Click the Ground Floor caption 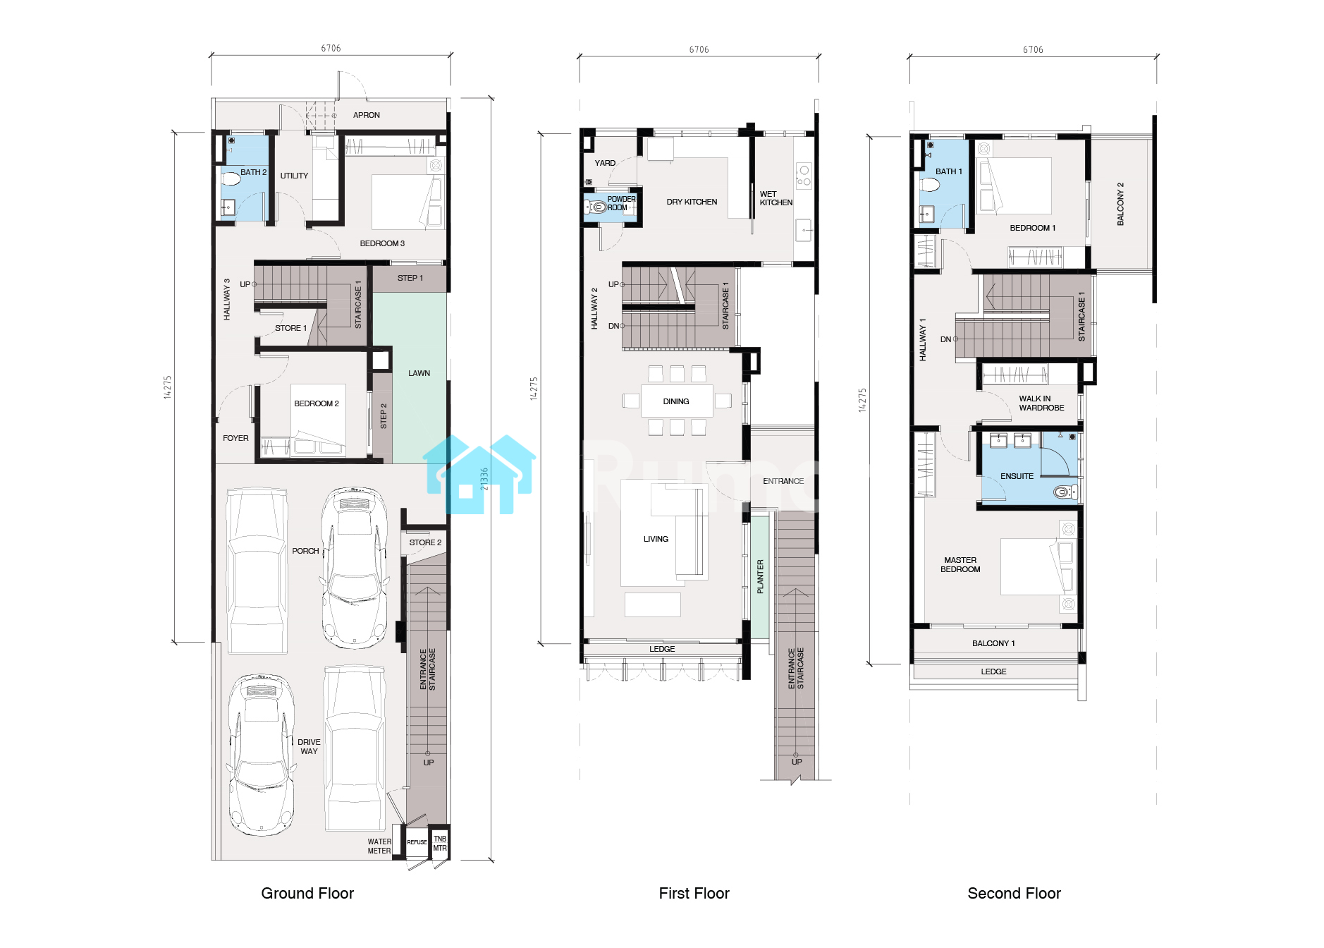click(x=307, y=893)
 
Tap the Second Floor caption click(x=1014, y=893)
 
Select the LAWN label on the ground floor click(x=419, y=373)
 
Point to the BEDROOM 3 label click(x=382, y=243)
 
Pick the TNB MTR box click(x=440, y=843)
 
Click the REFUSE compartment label click(x=417, y=842)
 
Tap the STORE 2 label click(x=425, y=542)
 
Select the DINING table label click(x=676, y=401)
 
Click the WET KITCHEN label click(x=776, y=198)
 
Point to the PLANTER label click(x=760, y=576)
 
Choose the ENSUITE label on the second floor click(x=1017, y=476)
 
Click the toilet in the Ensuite click(x=1065, y=492)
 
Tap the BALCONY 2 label click(x=1120, y=204)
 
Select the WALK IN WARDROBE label click(x=1041, y=403)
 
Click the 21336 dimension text click(x=484, y=479)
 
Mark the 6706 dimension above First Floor click(x=699, y=49)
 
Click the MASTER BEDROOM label click(x=960, y=564)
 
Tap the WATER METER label click(x=379, y=846)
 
